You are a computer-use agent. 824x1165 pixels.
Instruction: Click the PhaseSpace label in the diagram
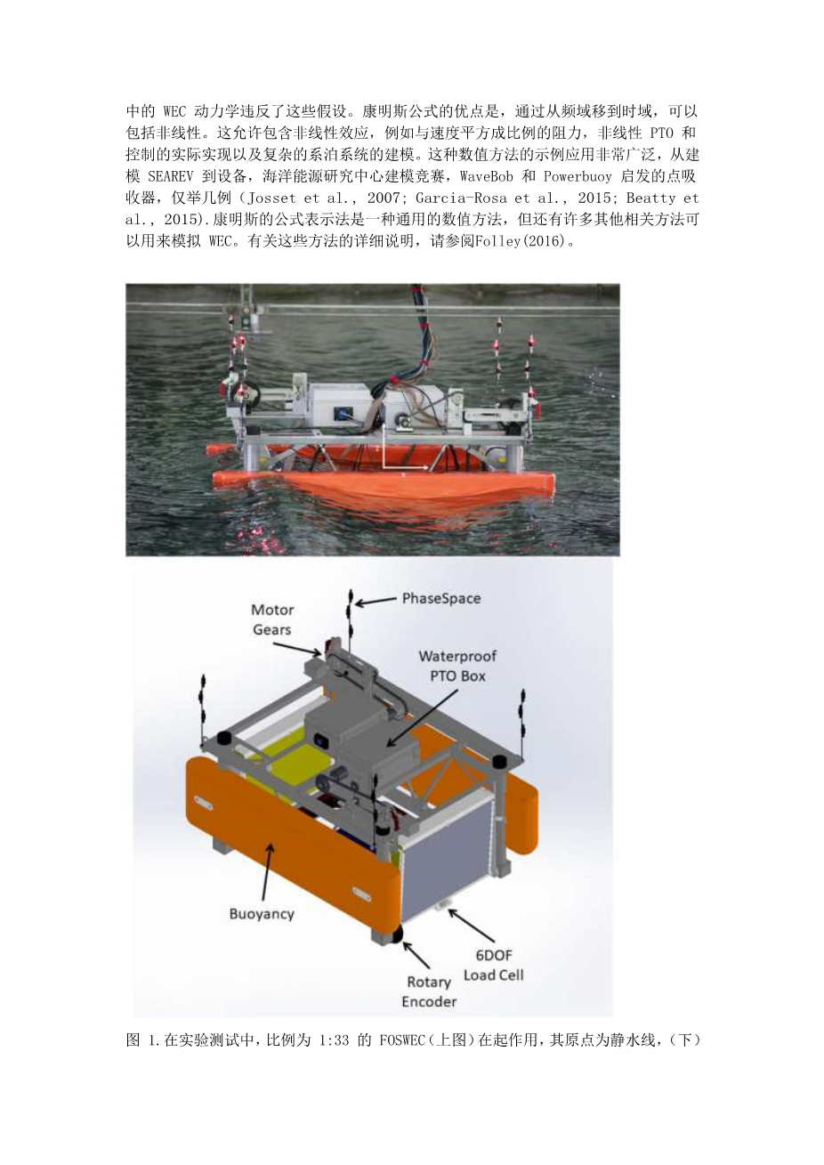(x=440, y=599)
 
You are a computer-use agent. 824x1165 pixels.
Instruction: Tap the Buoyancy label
(x=262, y=914)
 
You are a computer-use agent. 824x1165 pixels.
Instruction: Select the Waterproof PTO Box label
(x=457, y=666)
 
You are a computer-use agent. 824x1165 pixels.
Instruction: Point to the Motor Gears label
(x=272, y=619)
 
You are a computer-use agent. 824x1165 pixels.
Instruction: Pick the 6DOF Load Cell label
(x=493, y=965)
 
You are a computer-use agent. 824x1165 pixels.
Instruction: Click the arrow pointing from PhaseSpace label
(x=376, y=602)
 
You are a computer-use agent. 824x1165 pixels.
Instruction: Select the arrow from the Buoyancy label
(x=266, y=872)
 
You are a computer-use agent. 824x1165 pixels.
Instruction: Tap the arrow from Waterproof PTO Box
(x=422, y=719)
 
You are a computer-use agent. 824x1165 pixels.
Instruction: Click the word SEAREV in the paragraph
(x=170, y=176)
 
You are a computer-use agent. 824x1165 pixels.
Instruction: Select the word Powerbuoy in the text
(x=578, y=177)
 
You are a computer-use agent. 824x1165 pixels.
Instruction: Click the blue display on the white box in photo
(x=340, y=412)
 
